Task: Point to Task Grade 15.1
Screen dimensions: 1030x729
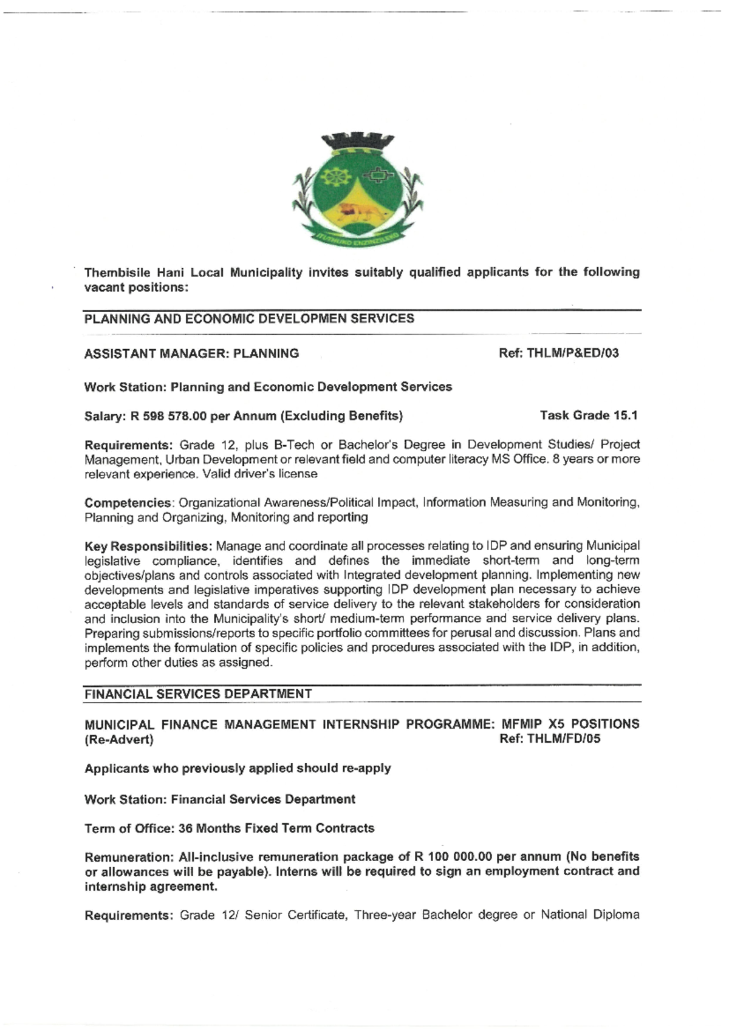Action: point(588,415)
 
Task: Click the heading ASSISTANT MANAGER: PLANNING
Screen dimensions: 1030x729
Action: point(191,353)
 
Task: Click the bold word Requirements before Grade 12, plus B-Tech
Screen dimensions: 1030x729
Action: point(128,445)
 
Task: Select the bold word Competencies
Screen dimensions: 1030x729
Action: point(128,503)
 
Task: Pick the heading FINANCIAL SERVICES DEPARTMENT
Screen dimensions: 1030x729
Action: point(198,694)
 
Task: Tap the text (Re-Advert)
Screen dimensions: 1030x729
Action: point(119,740)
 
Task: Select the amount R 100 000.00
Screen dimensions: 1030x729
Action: point(453,857)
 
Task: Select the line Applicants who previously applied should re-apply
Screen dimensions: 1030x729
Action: point(238,768)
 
